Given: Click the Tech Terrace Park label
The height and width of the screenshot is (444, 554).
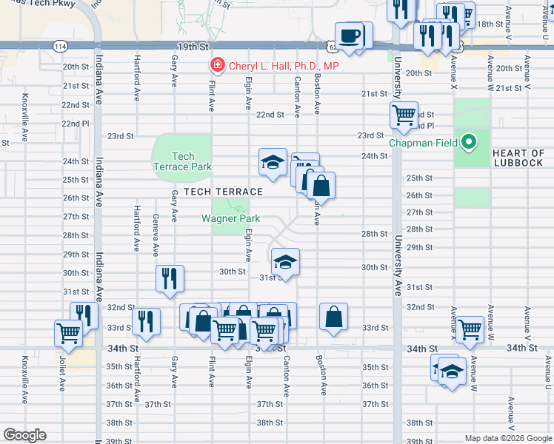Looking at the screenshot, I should [182, 161].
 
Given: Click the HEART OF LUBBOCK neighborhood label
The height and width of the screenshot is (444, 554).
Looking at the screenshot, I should [518, 158].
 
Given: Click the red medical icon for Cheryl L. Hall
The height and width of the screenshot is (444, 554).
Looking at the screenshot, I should [217, 66].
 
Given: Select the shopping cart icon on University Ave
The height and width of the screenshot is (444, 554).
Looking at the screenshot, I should [404, 115].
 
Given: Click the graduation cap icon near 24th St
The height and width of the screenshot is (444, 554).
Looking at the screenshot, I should [273, 162].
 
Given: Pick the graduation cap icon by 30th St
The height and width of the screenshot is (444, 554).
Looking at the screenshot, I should [285, 262].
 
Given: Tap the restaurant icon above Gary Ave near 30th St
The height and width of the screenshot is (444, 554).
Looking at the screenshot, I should [170, 279].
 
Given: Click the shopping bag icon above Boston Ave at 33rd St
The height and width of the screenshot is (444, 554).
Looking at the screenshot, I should [334, 317].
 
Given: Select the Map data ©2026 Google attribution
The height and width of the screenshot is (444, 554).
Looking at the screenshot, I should [507, 438].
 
